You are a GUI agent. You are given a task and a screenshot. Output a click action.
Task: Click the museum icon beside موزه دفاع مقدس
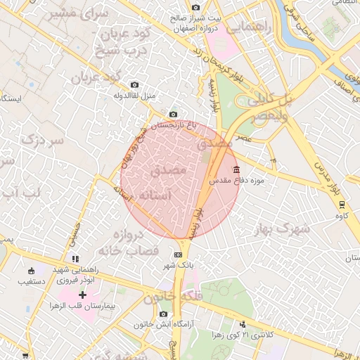[236, 169]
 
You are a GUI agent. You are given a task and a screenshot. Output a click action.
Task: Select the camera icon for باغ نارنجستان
[174, 115]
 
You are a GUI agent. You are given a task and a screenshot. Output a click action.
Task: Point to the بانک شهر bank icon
[178, 255]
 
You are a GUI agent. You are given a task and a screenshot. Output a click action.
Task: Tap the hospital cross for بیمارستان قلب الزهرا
[83, 295]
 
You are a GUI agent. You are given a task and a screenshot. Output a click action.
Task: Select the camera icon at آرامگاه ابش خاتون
[164, 314]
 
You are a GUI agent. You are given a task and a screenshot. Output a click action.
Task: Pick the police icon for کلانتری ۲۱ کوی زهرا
[243, 324]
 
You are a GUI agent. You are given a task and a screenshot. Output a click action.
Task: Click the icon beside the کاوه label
[342, 205]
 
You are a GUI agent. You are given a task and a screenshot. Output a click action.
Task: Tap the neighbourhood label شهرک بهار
[283, 228]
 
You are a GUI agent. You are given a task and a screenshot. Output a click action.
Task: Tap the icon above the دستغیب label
[30, 271]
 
